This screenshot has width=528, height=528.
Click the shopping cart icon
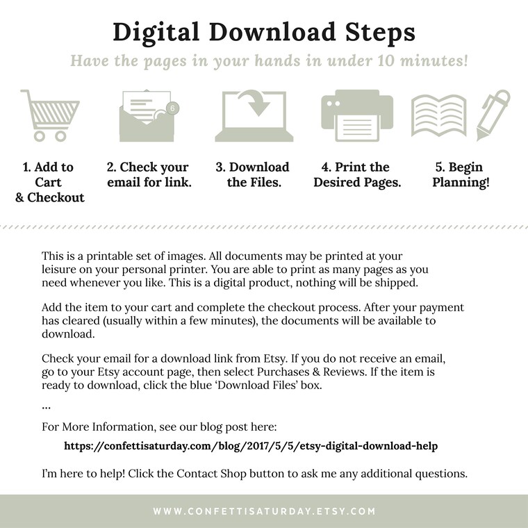point(51,115)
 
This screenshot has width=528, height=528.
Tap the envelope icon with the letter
point(147,116)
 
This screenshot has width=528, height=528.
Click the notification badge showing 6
point(173,108)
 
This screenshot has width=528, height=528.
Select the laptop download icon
point(254,115)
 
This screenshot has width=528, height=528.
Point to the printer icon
point(357,115)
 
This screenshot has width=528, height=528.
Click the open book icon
point(439,115)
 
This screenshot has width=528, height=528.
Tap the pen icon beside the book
point(493,115)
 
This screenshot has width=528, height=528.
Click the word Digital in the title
point(156,33)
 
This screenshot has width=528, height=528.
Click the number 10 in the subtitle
point(385,60)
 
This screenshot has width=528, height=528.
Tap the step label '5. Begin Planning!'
point(461,174)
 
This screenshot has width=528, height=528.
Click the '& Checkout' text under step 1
point(50,197)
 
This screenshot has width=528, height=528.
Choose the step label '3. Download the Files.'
point(253,174)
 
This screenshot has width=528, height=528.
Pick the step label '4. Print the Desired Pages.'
point(357,174)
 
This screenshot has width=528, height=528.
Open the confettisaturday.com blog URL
point(251,446)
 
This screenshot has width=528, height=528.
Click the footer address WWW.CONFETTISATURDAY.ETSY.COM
point(264,511)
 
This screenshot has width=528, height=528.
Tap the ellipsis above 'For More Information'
point(46,408)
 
